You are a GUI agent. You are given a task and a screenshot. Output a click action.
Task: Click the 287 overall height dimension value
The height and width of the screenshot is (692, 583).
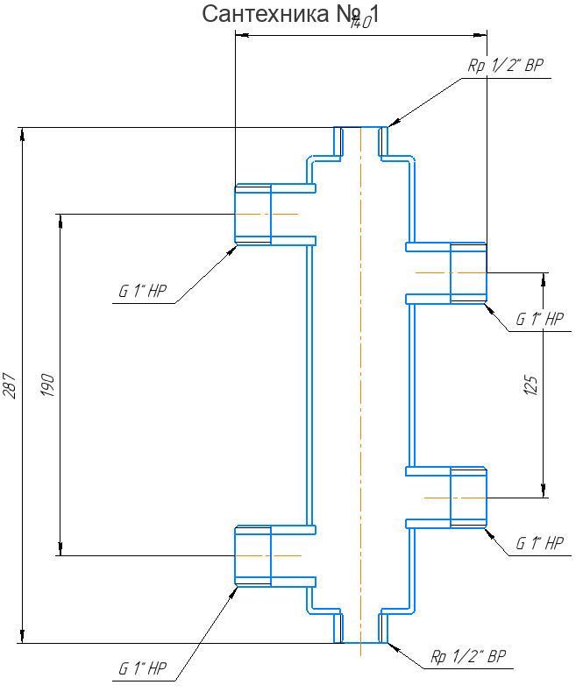tap(11, 385)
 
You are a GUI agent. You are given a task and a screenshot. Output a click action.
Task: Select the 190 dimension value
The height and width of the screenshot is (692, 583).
tap(48, 385)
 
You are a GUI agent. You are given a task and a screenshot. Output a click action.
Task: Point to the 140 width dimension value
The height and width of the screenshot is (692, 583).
tap(360, 24)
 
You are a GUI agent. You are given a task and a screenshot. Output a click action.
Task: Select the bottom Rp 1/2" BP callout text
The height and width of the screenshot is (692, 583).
tap(467, 656)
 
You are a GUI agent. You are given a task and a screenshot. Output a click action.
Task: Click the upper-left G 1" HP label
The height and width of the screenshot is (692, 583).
tap(144, 292)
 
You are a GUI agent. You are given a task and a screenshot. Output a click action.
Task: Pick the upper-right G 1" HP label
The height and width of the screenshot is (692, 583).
tap(539, 320)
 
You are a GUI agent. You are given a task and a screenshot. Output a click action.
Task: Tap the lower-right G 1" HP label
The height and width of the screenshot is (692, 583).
tap(539, 543)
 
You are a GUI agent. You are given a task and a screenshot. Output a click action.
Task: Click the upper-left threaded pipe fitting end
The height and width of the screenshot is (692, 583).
tap(252, 214)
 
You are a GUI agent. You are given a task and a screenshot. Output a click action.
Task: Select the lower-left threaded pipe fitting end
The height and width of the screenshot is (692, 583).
tap(252, 555)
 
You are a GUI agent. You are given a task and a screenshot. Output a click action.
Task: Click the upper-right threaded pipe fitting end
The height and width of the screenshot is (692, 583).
tap(468, 272)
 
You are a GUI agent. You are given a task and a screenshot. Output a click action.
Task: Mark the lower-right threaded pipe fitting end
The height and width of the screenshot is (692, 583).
tap(468, 498)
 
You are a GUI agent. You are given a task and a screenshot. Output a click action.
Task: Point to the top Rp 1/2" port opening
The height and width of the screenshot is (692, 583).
tap(360, 130)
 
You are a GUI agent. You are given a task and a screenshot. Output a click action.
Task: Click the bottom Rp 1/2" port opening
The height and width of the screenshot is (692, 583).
tap(360, 641)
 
